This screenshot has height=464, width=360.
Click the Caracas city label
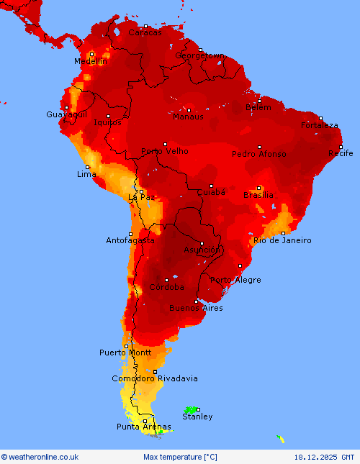[x=145, y=32]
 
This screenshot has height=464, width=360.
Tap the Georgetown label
[x=200, y=55]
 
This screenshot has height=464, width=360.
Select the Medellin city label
[x=90, y=62]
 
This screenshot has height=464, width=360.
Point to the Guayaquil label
[x=66, y=115]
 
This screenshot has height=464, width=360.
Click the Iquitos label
[x=108, y=122]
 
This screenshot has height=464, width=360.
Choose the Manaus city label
[x=188, y=117]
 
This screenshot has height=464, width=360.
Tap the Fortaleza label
[x=320, y=125]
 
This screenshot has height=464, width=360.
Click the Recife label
[x=341, y=153]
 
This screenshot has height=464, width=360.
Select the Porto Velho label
[x=165, y=151]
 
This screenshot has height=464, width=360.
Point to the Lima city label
[x=86, y=175]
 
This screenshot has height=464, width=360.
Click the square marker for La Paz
[x=141, y=191]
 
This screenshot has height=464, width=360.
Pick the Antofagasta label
[x=130, y=240]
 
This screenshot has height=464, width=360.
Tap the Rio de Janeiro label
[x=282, y=240]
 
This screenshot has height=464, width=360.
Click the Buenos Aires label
[x=196, y=308]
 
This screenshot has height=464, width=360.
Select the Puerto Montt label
[x=125, y=352]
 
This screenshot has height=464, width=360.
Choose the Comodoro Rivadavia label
[x=155, y=378]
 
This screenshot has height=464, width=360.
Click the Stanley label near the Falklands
[x=197, y=417]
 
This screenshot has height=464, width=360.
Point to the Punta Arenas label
[x=144, y=427]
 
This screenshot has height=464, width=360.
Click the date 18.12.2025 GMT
[x=324, y=457]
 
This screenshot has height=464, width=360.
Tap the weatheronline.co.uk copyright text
[x=40, y=457]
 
